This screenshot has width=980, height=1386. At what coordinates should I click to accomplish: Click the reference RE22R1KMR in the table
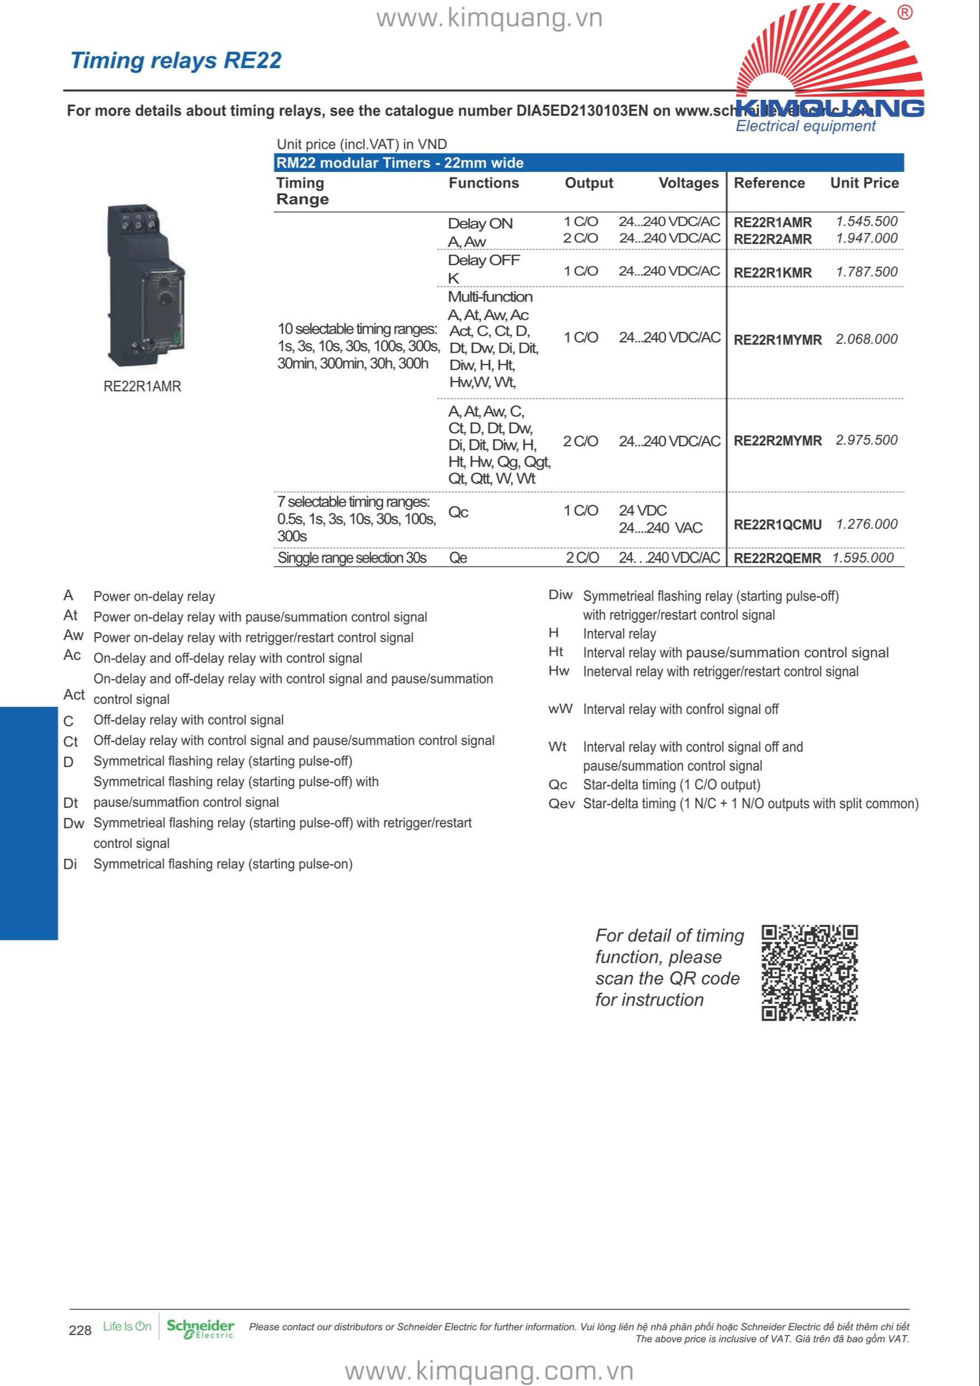pyautogui.click(x=772, y=273)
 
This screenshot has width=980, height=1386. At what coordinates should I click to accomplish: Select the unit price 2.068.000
pyautogui.click(x=866, y=339)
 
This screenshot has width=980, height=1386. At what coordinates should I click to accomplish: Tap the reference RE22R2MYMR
pyautogui.click(x=777, y=441)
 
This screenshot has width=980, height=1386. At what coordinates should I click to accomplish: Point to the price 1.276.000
pyautogui.click(x=866, y=524)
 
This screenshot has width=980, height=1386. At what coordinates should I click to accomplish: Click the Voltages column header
pyautogui.click(x=688, y=183)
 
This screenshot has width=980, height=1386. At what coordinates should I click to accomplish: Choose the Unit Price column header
pyautogui.click(x=864, y=183)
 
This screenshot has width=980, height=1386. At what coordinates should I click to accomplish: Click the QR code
pyautogui.click(x=809, y=972)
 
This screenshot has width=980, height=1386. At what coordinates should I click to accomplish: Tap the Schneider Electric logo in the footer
pyautogui.click(x=200, y=1329)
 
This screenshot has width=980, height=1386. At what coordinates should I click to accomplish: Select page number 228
pyautogui.click(x=80, y=1331)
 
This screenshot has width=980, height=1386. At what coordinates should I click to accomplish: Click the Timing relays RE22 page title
pyautogui.click(x=176, y=61)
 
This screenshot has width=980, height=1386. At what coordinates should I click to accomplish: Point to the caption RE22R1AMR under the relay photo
pyautogui.click(x=142, y=386)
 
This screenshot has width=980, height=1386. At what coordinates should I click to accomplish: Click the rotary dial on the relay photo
pyautogui.click(x=164, y=297)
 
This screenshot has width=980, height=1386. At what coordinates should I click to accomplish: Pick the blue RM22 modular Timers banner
pyautogui.click(x=589, y=163)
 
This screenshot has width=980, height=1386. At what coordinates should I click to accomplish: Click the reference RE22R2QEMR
pyautogui.click(x=777, y=558)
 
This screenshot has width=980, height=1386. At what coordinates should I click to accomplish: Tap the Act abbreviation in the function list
pyautogui.click(x=74, y=695)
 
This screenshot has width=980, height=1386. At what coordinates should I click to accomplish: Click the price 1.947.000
pyautogui.click(x=866, y=238)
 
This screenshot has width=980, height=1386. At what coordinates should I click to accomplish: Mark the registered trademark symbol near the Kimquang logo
pyautogui.click(x=905, y=13)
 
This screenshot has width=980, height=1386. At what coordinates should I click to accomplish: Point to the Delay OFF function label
pyautogui.click(x=484, y=260)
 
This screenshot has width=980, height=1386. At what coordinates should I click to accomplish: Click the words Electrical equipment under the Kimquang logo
pyautogui.click(x=805, y=126)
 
